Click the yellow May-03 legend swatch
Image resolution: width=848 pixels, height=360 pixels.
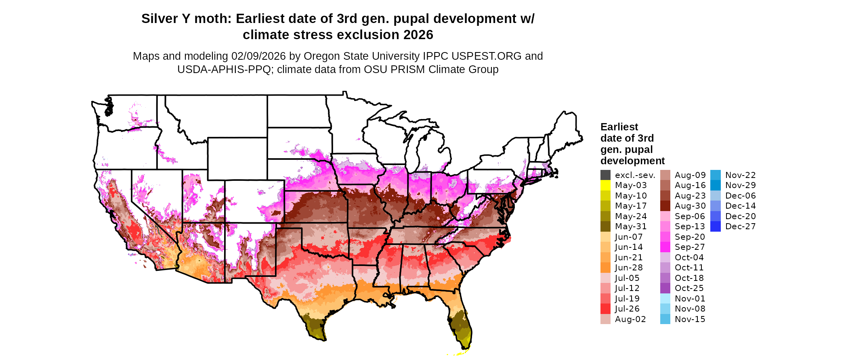605,185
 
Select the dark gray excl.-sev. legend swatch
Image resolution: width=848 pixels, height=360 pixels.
605,175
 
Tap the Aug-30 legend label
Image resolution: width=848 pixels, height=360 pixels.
690,206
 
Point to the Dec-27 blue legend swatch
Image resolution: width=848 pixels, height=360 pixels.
715,226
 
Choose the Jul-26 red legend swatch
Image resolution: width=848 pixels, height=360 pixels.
605,309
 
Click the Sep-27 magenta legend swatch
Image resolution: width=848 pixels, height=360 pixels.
665,247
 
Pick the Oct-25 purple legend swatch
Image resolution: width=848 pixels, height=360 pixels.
665,288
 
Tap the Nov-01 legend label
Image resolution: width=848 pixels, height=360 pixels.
690,299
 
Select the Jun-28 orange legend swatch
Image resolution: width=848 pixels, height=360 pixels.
605,268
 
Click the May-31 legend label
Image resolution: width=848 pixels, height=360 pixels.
631,226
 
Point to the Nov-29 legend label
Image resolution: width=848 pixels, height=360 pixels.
741,185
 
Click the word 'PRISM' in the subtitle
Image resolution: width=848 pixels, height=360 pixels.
409,69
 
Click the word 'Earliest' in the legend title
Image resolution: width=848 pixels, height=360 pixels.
619,127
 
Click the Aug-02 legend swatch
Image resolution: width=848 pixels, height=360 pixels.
605,319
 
